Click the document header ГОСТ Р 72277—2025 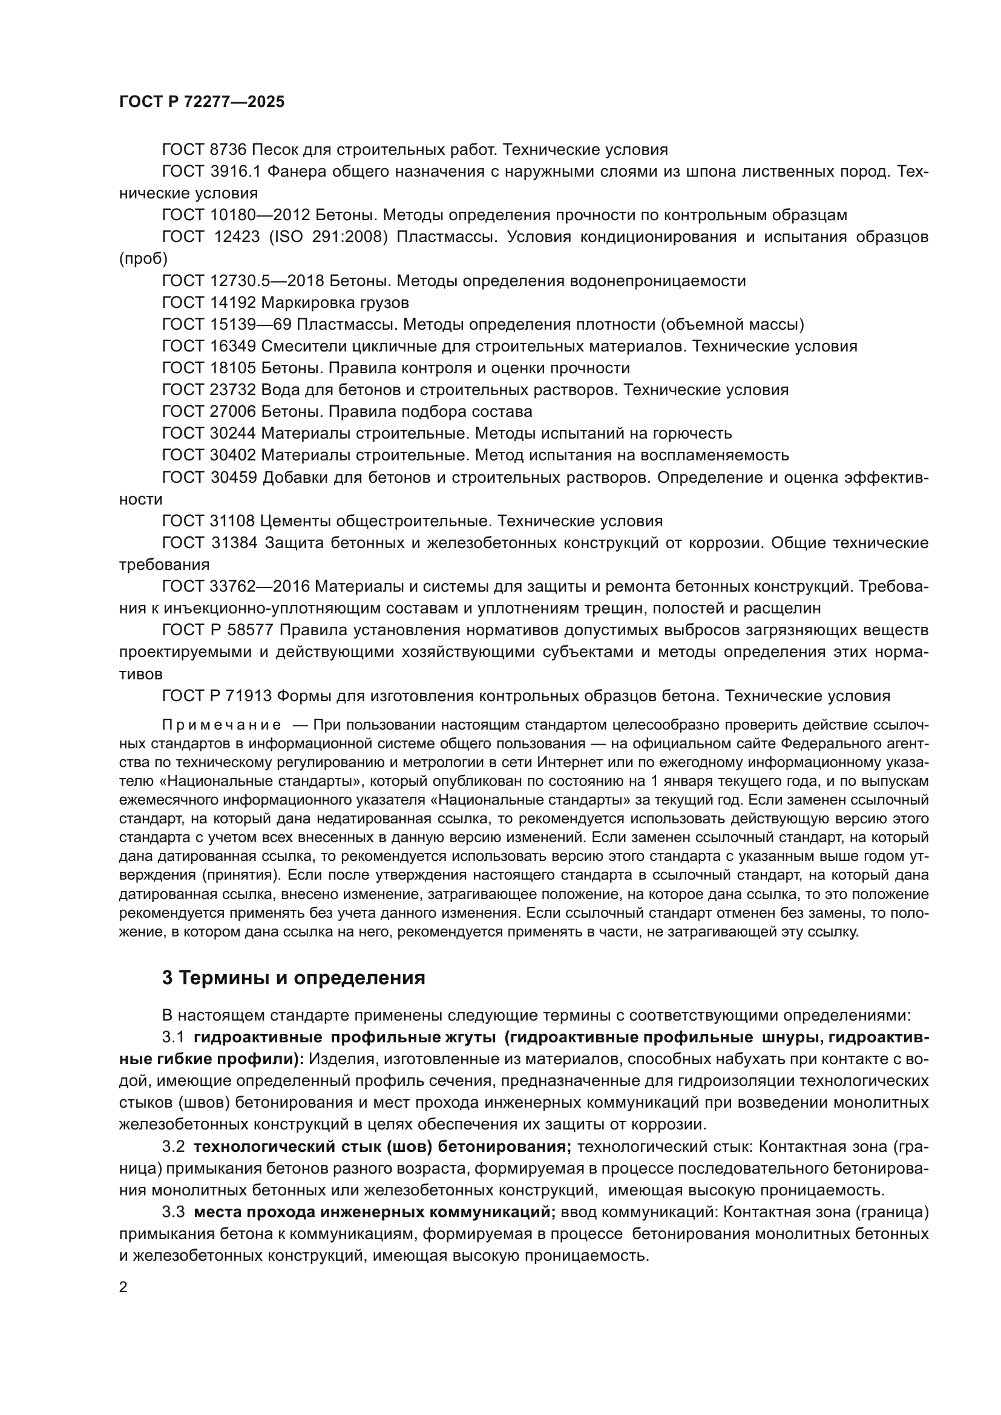202,102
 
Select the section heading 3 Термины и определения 294,978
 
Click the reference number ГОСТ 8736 204,150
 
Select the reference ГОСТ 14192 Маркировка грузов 286,302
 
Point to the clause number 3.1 173,1038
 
